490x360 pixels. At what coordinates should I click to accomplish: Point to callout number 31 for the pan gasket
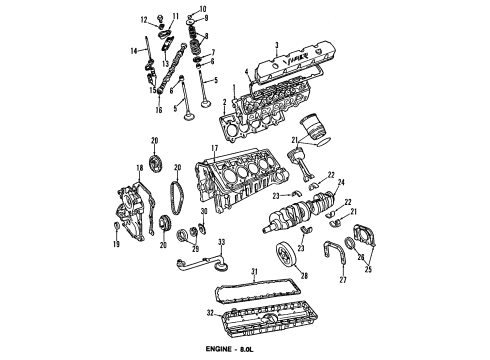point(254,271)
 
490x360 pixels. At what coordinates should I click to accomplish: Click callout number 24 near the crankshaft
point(342,182)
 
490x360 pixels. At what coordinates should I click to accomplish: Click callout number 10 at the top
point(203,8)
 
